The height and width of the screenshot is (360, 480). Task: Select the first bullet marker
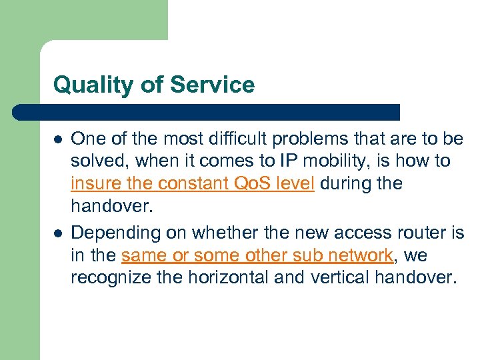(58, 139)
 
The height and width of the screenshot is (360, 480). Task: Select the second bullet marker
(58, 233)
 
